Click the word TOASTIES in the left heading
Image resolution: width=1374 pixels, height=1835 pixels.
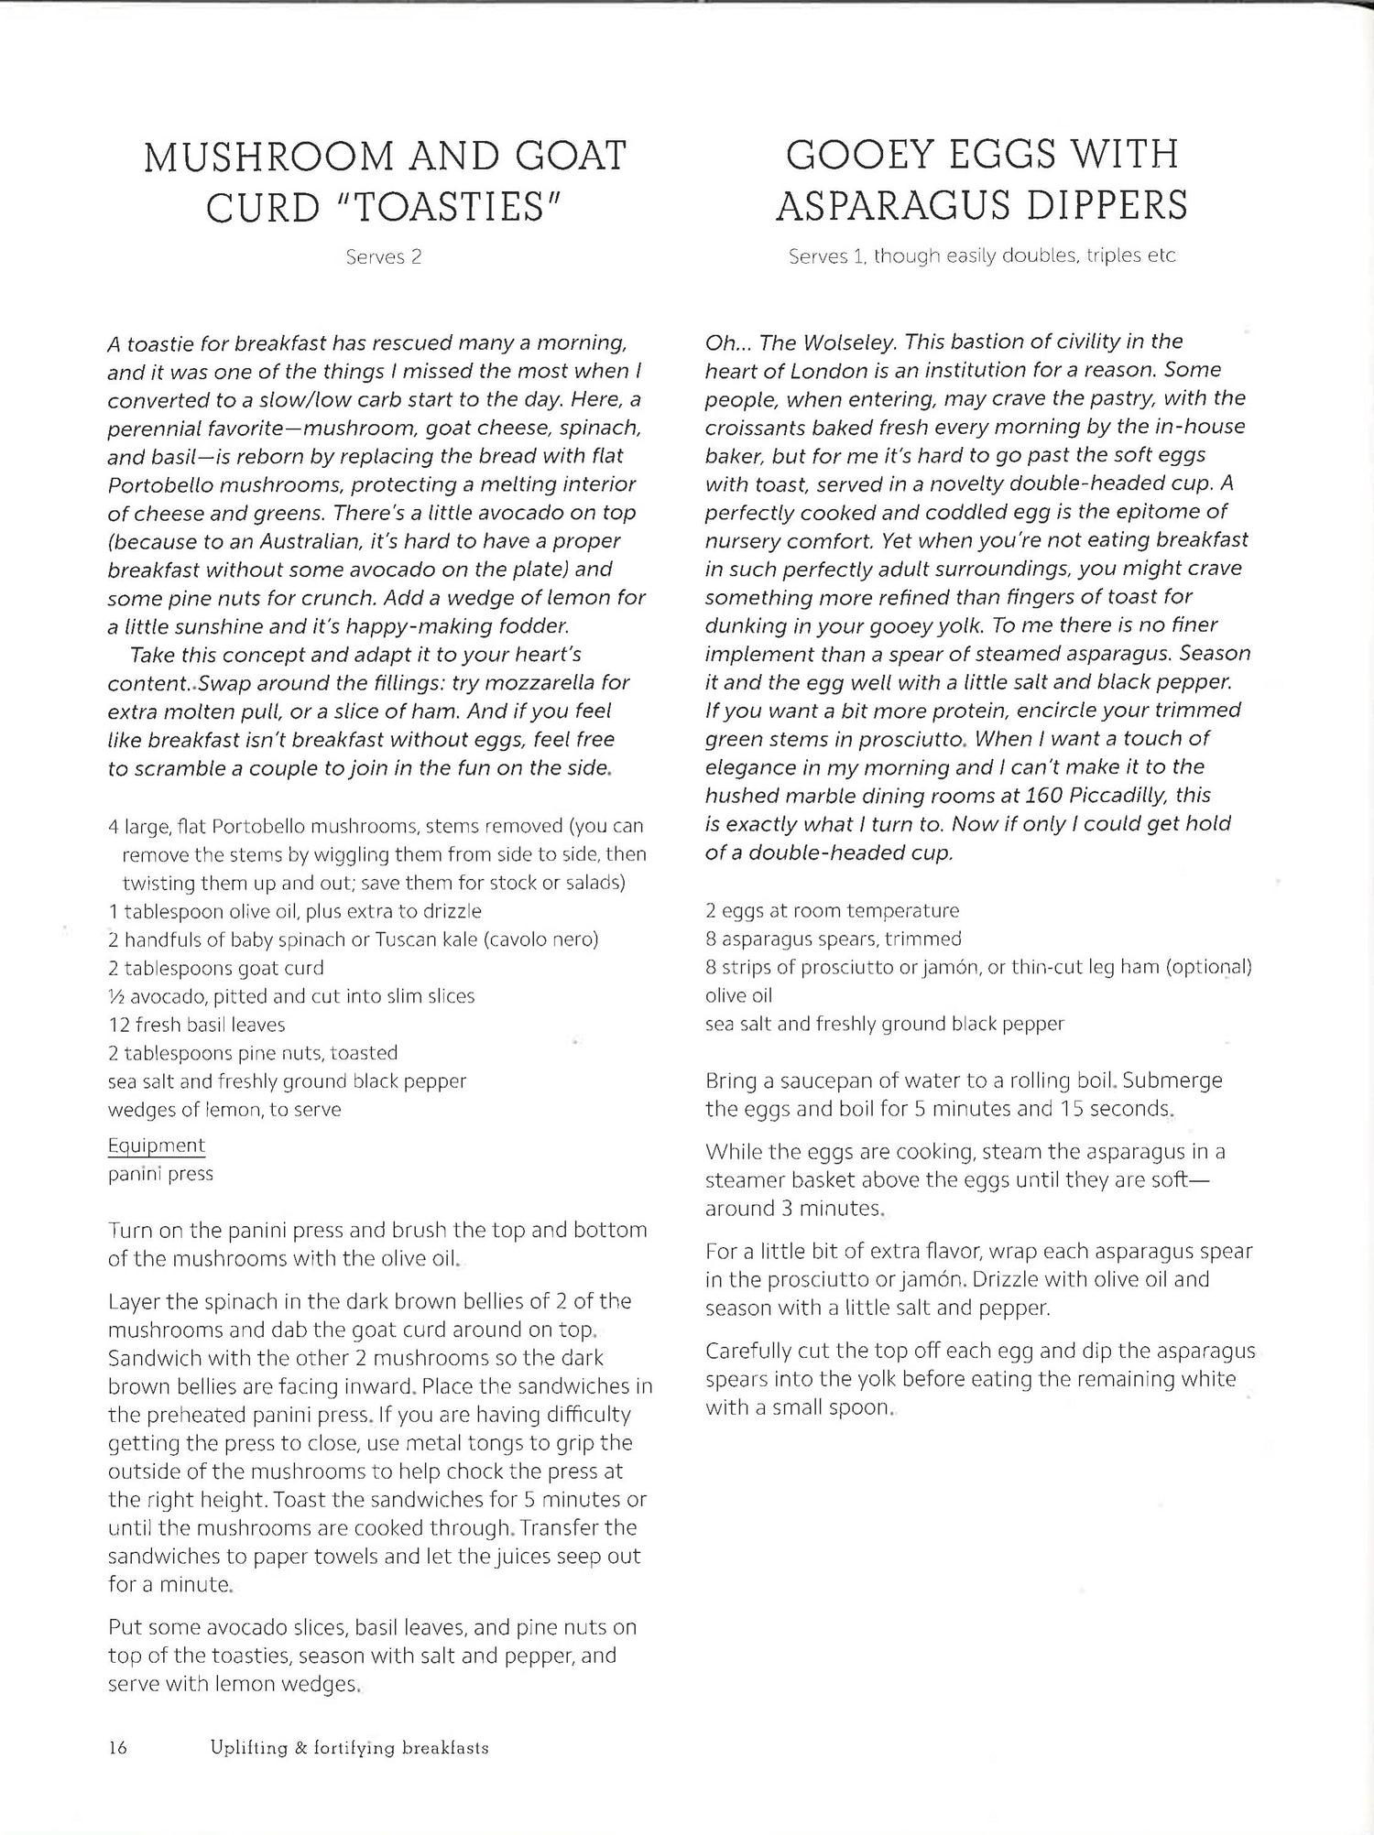click(x=450, y=208)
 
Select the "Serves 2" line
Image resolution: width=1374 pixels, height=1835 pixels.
click(x=384, y=257)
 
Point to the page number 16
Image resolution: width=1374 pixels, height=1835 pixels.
click(x=118, y=1748)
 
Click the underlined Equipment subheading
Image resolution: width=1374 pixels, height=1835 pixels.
click(x=156, y=1146)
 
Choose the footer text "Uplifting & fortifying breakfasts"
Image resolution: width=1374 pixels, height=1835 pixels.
click(x=349, y=1748)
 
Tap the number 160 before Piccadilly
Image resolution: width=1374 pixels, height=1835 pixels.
click(x=1037, y=795)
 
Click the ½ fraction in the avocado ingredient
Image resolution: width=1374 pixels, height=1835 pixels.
click(x=115, y=996)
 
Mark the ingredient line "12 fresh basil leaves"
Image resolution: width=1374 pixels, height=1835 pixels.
click(x=197, y=1025)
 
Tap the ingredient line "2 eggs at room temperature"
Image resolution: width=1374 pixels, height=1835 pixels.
click(x=832, y=910)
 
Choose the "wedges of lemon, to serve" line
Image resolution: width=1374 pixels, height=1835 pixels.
click(x=224, y=1110)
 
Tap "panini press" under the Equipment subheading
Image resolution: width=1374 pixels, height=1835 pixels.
click(x=160, y=1174)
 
